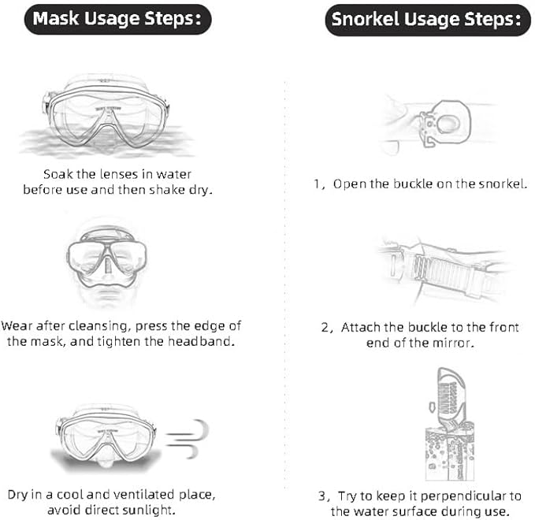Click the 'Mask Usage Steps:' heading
(x=117, y=19)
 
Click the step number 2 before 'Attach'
(x=325, y=328)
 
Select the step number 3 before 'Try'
(x=321, y=496)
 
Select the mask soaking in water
(x=106, y=114)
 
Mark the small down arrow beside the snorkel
(x=432, y=407)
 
